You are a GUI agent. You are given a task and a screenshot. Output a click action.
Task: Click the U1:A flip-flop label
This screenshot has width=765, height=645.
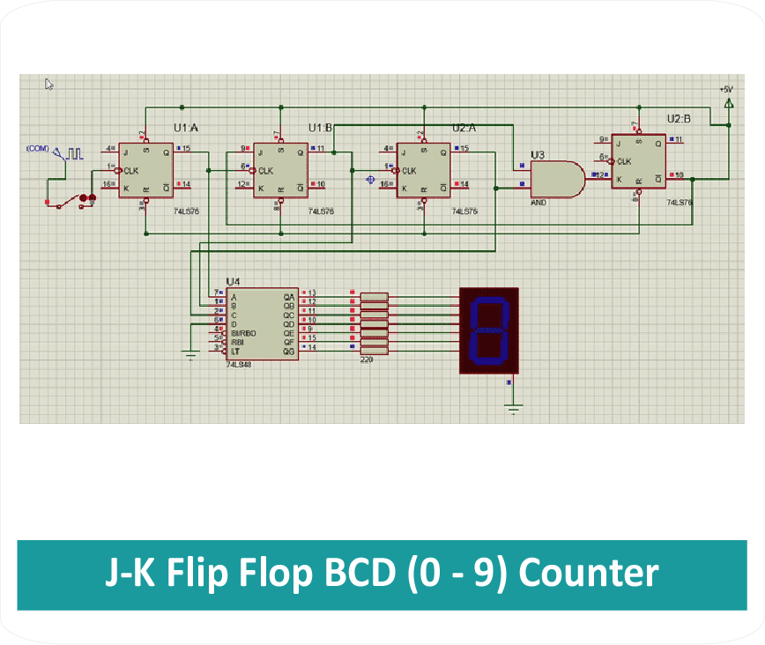click(186, 129)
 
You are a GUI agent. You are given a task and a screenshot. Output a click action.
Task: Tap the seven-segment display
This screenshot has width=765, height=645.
click(489, 330)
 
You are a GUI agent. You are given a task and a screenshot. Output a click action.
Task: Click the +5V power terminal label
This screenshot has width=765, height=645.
click(725, 89)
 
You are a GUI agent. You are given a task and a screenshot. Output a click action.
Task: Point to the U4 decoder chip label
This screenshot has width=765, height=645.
click(233, 282)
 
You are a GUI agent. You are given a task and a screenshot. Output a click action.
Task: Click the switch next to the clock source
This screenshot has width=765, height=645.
click(71, 201)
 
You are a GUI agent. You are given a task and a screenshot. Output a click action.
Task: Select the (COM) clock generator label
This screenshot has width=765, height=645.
click(38, 148)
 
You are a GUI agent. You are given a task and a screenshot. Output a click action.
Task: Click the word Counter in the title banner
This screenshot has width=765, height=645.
click(588, 574)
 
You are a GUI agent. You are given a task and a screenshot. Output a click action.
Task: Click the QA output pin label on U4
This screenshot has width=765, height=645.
click(288, 297)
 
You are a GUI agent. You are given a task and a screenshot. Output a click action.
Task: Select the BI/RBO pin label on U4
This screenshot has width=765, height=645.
click(242, 334)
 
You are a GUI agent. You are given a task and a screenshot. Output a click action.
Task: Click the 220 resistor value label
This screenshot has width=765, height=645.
click(366, 360)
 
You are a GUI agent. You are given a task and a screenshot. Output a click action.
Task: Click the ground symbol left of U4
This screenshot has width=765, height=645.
click(189, 354)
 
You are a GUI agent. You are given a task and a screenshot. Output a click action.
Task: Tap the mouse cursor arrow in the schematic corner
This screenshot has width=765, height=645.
click(49, 85)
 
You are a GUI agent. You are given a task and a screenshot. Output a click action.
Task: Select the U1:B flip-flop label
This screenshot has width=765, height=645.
click(320, 129)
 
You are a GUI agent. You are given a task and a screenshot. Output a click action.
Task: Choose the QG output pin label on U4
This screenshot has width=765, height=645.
click(288, 351)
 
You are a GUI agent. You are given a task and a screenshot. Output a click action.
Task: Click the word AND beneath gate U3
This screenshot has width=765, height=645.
click(538, 202)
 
